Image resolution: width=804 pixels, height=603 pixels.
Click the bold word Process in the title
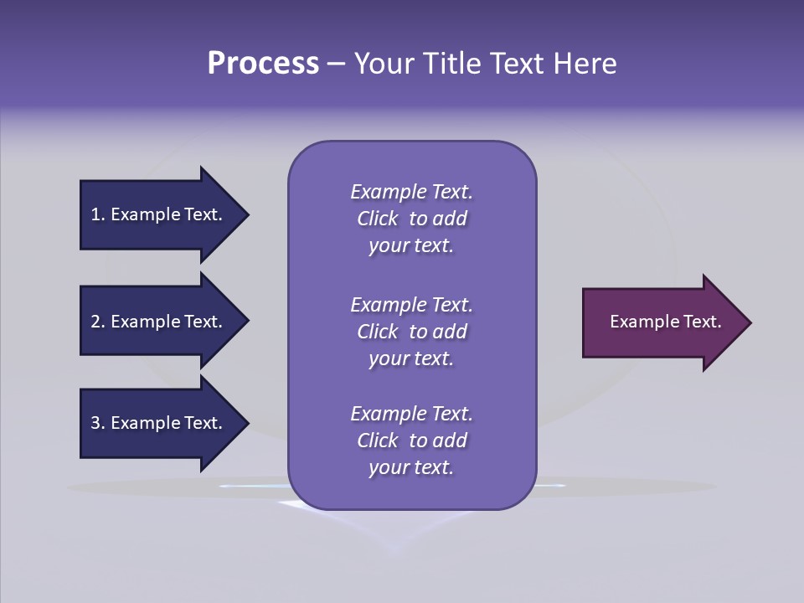263,64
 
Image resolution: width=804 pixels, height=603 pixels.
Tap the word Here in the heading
585,64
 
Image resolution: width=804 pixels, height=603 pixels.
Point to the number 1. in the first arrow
97,214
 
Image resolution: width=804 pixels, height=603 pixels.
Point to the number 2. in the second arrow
97,322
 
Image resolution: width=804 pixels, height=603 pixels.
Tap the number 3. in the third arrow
97,423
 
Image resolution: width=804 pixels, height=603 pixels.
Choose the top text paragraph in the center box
411,219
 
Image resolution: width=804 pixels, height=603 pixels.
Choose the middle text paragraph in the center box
411,332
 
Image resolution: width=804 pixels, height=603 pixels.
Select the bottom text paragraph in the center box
411,441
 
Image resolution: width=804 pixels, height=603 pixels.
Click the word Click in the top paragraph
378,219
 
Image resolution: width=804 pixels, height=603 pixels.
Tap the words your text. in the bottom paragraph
411,467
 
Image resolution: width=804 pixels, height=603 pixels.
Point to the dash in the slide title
336,64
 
